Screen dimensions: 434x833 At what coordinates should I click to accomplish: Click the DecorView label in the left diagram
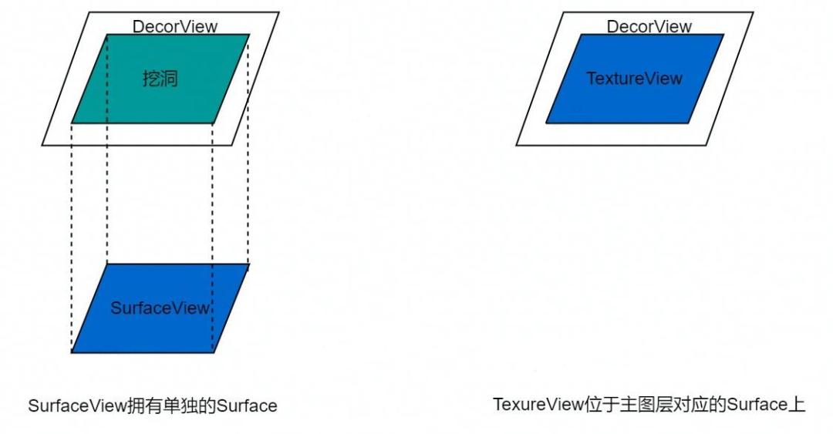click(175, 26)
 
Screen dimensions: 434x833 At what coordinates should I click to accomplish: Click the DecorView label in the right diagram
click(649, 26)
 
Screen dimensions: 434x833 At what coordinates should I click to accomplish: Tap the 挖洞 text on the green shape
click(160, 79)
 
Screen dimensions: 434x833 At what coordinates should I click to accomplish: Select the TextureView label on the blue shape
click(634, 79)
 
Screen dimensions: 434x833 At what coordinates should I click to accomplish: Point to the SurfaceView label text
click(160, 308)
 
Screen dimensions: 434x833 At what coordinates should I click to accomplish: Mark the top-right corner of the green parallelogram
click(249, 35)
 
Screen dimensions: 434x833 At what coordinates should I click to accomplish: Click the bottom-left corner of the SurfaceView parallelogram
click(72, 352)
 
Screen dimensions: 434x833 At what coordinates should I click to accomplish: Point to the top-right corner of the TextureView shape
click(723, 35)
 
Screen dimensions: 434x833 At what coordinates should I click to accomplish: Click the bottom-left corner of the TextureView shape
click(546, 123)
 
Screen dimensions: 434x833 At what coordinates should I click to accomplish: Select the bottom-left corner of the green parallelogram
click(72, 123)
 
